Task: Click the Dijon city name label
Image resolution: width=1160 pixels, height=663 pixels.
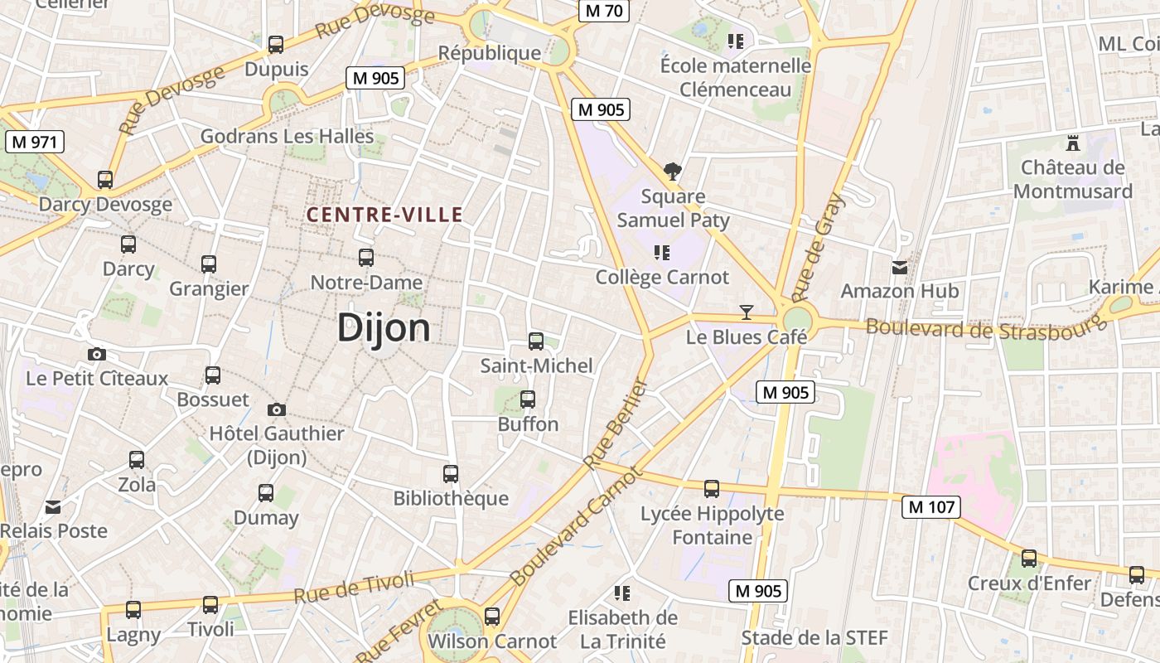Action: (384, 328)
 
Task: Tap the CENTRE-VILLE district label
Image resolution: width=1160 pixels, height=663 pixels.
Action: (384, 215)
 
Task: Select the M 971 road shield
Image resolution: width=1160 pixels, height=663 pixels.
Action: (34, 142)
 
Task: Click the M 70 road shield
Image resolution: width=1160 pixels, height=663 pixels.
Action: (603, 11)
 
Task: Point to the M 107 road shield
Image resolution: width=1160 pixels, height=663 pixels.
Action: (931, 506)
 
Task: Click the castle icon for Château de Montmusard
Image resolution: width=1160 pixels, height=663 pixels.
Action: (1073, 143)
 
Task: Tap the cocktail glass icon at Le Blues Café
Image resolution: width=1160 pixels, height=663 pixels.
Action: (747, 312)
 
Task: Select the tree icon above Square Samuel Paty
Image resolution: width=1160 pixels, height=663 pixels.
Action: (673, 172)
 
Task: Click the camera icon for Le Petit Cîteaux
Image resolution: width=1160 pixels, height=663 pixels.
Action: (97, 354)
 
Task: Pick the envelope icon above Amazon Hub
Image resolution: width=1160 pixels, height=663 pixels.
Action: (899, 268)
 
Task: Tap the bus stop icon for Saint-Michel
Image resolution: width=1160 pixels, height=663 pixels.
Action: (536, 341)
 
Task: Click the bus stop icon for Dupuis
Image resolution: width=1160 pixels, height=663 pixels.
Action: (276, 44)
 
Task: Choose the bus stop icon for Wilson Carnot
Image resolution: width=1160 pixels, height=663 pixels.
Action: (491, 616)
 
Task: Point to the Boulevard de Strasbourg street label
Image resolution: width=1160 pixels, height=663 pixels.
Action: (985, 327)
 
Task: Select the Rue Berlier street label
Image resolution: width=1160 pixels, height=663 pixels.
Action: (615, 424)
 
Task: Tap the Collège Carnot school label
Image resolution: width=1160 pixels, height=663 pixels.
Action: (662, 277)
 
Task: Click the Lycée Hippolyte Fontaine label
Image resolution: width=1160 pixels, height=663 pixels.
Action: (712, 525)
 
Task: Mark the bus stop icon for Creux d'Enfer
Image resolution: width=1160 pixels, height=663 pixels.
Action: (1028, 559)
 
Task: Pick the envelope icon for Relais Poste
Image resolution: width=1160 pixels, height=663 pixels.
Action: (53, 507)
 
